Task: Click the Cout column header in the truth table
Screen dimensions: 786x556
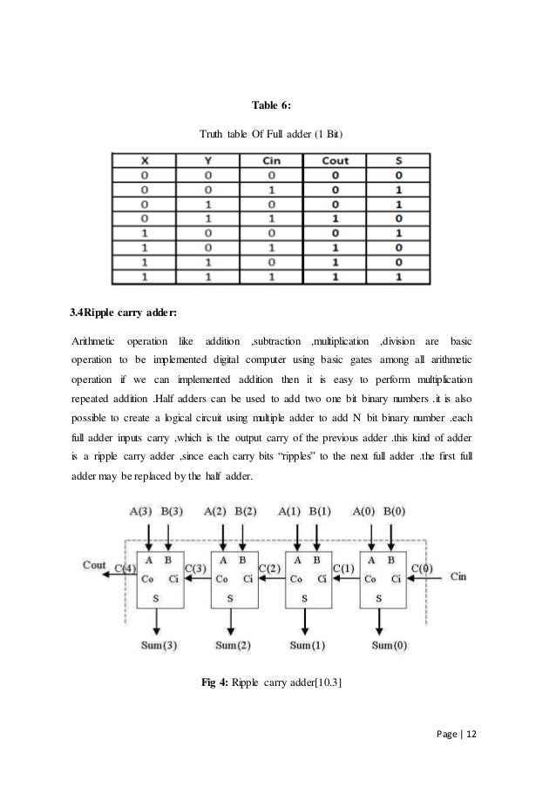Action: click(336, 160)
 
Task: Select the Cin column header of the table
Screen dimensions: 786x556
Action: click(271, 160)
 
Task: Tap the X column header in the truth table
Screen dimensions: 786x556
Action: click(143, 160)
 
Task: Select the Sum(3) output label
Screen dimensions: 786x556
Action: click(159, 646)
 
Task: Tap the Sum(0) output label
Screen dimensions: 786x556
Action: click(390, 646)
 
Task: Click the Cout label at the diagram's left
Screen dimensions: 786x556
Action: click(95, 564)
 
